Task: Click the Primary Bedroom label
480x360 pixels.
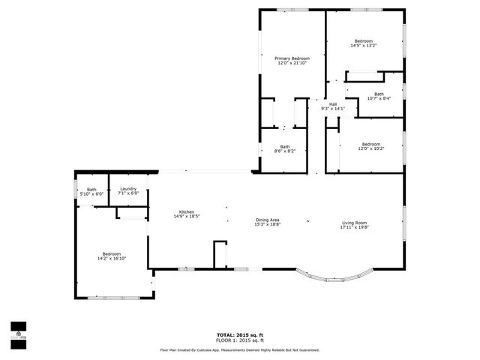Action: (x=292, y=58)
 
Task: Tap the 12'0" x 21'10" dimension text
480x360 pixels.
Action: (x=292, y=63)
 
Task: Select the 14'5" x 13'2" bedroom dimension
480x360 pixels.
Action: (x=363, y=46)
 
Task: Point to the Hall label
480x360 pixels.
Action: (x=332, y=104)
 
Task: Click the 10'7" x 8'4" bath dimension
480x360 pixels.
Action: (x=379, y=98)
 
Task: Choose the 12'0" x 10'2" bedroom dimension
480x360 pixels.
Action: (x=371, y=148)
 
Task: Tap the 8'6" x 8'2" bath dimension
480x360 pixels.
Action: (x=285, y=151)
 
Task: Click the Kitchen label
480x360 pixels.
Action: (x=186, y=211)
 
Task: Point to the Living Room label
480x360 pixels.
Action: (x=355, y=222)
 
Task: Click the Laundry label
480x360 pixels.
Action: (x=128, y=189)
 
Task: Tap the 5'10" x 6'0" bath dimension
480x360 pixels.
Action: (x=91, y=194)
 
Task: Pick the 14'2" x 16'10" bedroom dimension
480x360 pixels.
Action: (x=111, y=259)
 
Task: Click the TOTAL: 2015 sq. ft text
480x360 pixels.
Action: (x=239, y=336)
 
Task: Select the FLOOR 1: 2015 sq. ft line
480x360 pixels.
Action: (x=239, y=341)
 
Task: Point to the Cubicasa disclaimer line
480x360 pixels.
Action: (x=239, y=349)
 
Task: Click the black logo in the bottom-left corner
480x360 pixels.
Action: (x=18, y=331)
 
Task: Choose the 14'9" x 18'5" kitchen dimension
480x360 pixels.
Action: (x=186, y=216)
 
